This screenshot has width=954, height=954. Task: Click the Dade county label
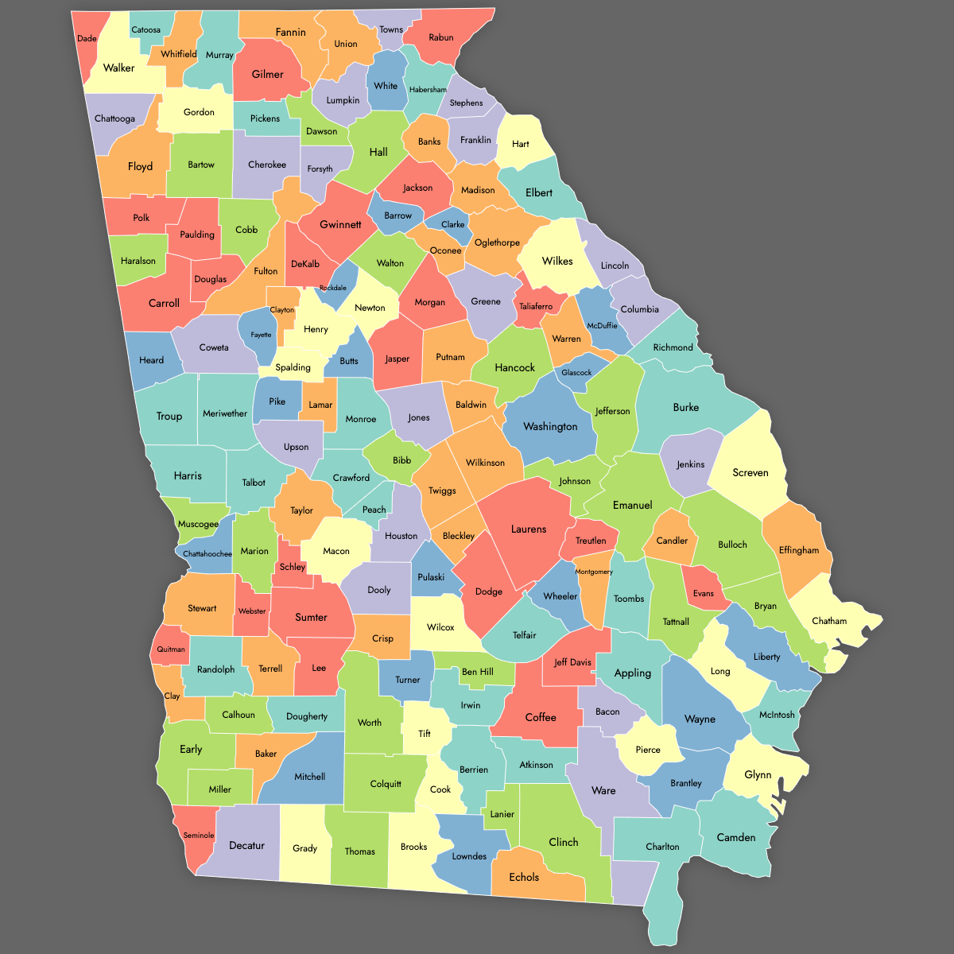coord(87,38)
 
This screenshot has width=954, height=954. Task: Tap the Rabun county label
coord(441,37)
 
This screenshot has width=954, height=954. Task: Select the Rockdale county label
coord(333,288)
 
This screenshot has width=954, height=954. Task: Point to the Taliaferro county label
coord(536,306)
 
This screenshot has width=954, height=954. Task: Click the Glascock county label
coord(576,372)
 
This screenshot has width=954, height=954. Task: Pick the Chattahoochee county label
coord(207,553)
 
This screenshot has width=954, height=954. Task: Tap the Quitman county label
coord(171,649)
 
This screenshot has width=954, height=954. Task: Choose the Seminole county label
coord(199,836)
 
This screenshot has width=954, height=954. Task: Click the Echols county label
coord(524,877)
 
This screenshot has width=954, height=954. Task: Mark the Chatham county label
coord(829,621)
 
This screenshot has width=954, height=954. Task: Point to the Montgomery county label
coord(594,572)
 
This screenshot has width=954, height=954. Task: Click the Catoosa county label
coord(145,30)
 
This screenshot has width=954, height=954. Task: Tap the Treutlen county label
coord(591,541)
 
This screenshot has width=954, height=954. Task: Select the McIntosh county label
coord(777,715)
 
